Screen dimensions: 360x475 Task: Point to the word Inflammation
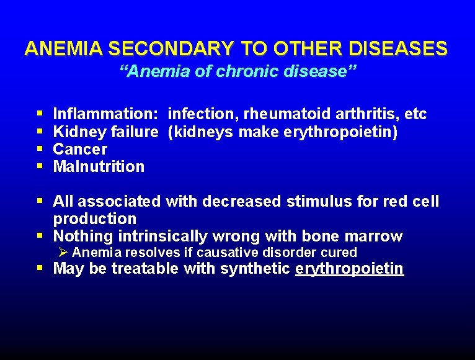click(x=105, y=115)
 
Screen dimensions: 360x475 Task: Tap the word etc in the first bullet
click(x=415, y=115)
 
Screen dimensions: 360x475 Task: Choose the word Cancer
click(x=80, y=150)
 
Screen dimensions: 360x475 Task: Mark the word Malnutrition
click(x=99, y=167)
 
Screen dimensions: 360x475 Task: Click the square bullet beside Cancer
click(x=40, y=150)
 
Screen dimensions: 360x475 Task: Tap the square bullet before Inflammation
click(x=40, y=115)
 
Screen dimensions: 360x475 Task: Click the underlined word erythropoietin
click(x=350, y=269)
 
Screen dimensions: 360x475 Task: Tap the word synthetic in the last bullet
click(x=260, y=269)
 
